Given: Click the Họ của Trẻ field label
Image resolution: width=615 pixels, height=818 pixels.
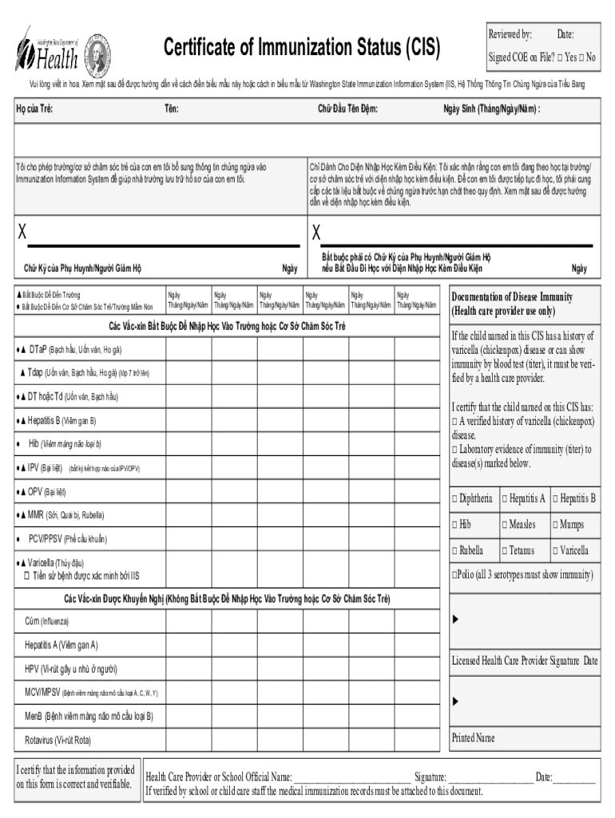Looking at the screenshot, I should pyautogui.click(x=35, y=109).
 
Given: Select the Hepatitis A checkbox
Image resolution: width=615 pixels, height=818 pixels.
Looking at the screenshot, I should pyautogui.click(x=506, y=499).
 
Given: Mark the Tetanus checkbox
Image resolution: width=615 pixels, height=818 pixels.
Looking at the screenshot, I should pyautogui.click(x=506, y=551).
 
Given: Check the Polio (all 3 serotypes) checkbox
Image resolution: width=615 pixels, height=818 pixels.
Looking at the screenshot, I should pyautogui.click(x=454, y=575).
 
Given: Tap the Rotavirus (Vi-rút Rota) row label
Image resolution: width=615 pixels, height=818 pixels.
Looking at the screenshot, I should pyautogui.click(x=58, y=741).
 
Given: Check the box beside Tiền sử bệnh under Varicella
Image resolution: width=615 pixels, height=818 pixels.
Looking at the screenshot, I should pyautogui.click(x=27, y=575).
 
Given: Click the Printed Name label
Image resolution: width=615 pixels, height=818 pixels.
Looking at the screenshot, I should pyautogui.click(x=473, y=737).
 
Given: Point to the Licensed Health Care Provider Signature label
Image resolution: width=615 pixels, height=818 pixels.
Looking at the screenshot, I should pyautogui.click(x=523, y=661).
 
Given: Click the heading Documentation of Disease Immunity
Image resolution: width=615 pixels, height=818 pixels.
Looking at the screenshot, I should pyautogui.click(x=511, y=297).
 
